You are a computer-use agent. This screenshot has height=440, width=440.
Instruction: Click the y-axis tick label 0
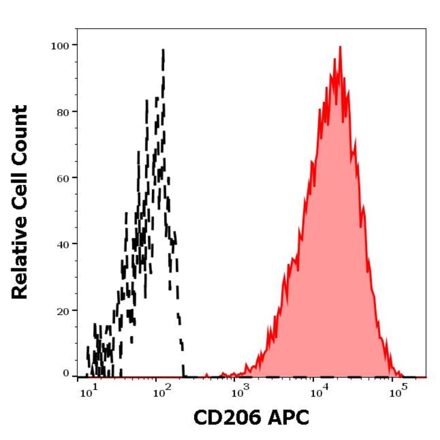(x=67, y=374)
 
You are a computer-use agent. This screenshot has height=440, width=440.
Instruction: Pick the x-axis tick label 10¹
(x=88, y=393)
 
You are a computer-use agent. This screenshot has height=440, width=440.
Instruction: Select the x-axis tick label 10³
(x=238, y=393)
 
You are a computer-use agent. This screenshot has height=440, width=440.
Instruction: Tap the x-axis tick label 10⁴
(x=317, y=393)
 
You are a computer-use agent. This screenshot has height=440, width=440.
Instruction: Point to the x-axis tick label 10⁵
(x=395, y=393)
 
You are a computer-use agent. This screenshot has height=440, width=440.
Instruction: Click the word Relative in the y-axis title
(x=20, y=260)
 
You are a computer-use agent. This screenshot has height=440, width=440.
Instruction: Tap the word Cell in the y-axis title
(x=20, y=194)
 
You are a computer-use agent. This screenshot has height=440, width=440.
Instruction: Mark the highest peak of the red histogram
(x=340, y=47)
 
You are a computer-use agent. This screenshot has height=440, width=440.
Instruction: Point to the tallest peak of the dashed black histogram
(x=164, y=50)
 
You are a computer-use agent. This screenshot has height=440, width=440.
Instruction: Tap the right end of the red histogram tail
(x=403, y=375)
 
